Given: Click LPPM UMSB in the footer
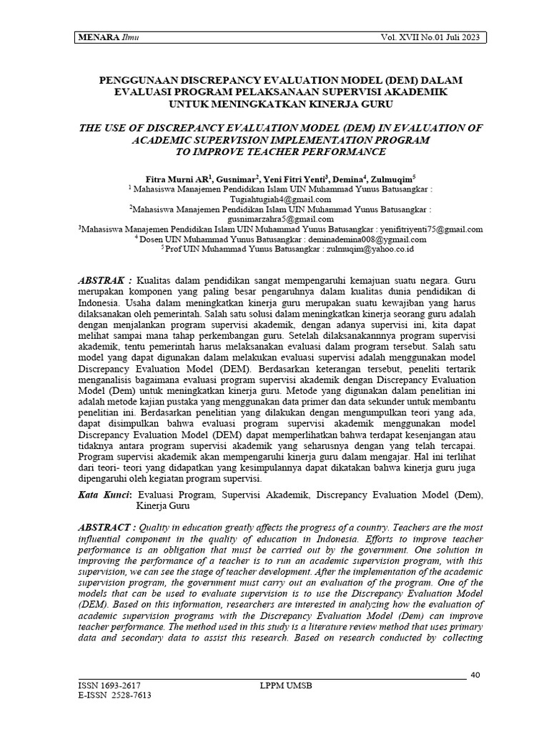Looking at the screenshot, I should click(286, 686).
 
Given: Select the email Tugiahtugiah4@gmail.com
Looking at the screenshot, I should click(280, 199).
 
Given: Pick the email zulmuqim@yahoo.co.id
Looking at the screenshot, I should click(370, 249).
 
